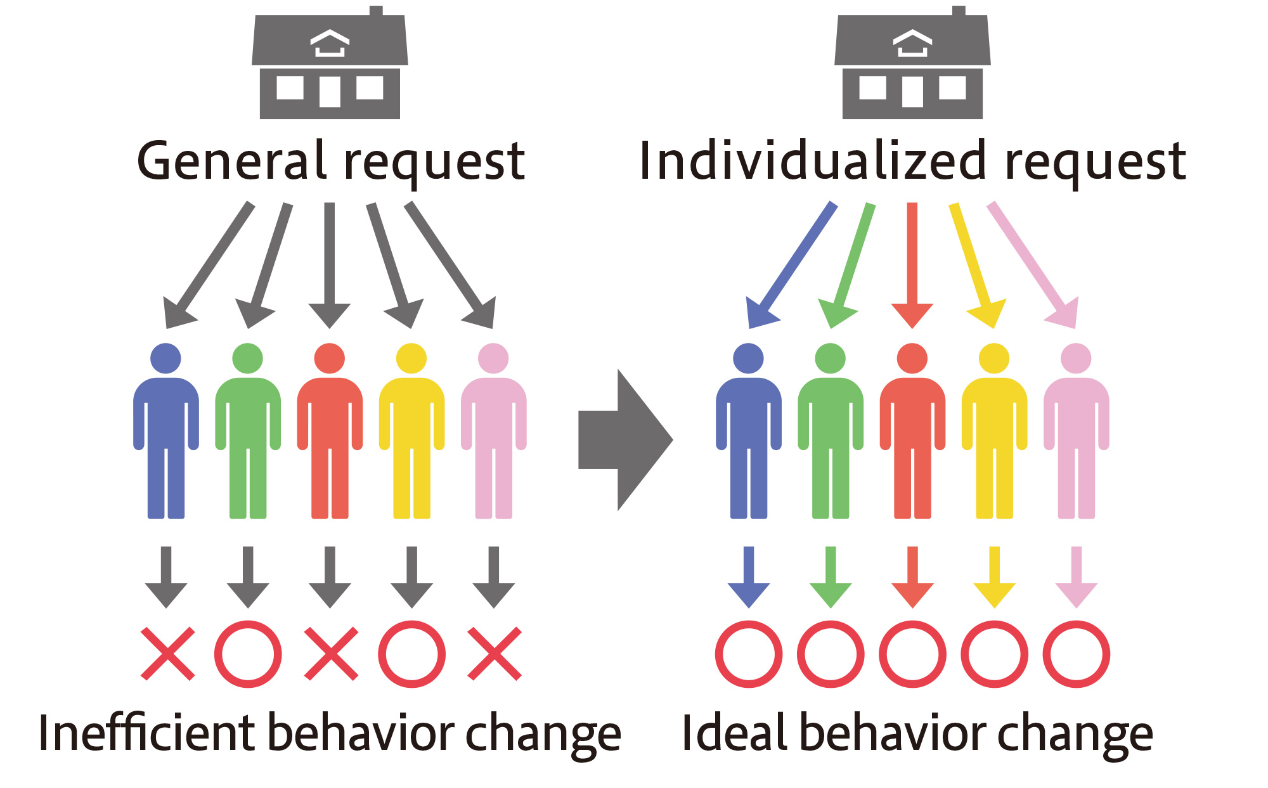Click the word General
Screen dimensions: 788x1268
point(231,162)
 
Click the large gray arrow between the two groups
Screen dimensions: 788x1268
point(625,440)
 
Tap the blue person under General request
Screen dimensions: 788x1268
point(166,431)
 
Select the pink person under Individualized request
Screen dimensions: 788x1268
point(1076,431)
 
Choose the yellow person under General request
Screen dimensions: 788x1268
point(411,431)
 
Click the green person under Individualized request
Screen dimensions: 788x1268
point(831,431)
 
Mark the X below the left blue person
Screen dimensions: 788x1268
point(167,654)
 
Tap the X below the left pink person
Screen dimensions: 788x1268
point(495,654)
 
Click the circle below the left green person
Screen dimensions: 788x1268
point(248,654)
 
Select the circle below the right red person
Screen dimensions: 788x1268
point(912,654)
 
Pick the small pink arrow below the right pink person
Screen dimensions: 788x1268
point(1076,577)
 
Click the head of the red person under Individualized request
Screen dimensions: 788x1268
point(912,358)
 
